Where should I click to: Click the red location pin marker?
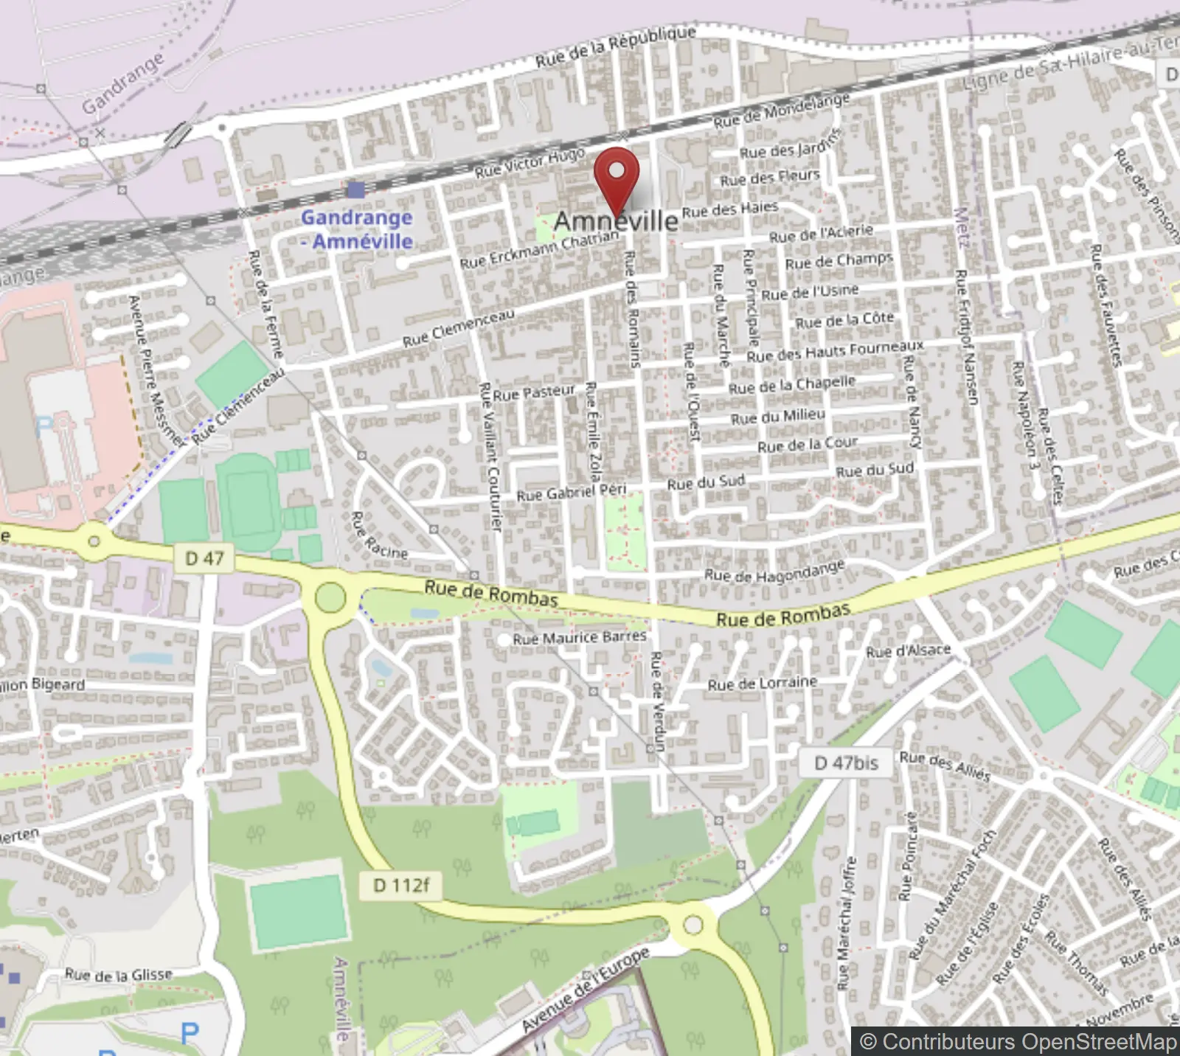616,177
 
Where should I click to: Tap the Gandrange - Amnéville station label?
357,229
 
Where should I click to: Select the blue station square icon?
355,190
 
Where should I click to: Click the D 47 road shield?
204,558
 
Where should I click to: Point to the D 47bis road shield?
845,763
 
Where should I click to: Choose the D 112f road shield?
400,885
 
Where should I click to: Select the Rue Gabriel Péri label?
571,493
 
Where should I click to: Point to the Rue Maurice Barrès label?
580,637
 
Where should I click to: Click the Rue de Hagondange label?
774,571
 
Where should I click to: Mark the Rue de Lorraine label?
763,684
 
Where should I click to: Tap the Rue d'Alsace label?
908,651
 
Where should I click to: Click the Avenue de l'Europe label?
586,990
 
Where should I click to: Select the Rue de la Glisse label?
118,975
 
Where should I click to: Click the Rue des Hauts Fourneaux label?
835,351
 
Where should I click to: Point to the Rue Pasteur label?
534,393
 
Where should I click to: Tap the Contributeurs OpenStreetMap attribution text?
1018,1041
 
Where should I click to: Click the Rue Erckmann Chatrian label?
539,250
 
